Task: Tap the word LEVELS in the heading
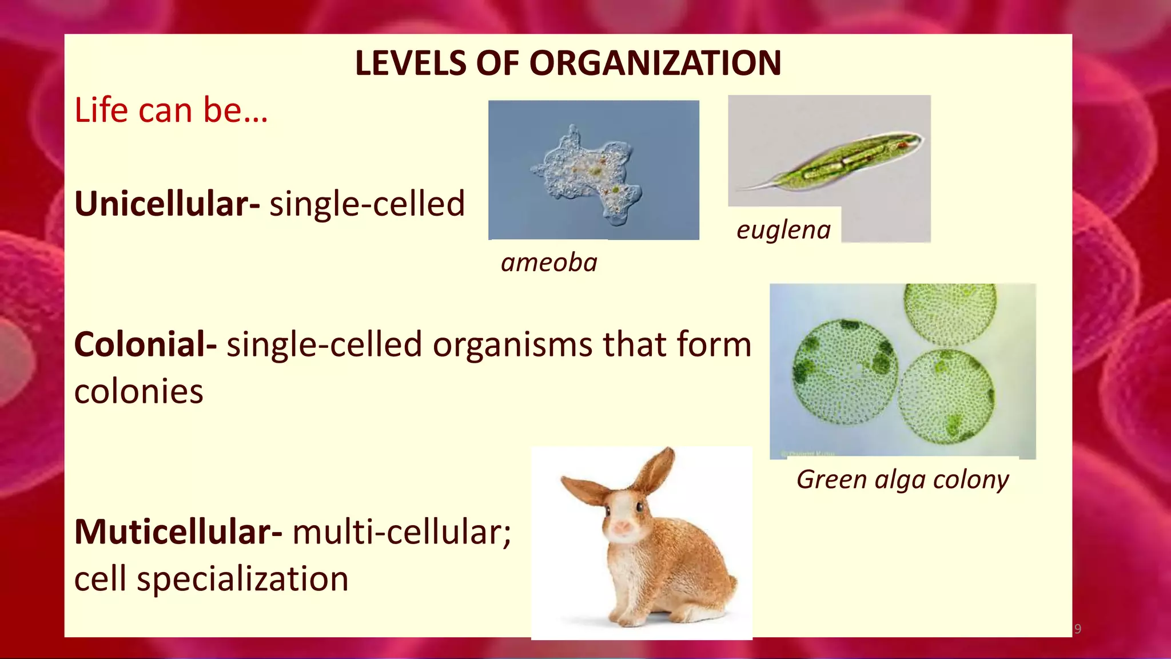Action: pos(411,63)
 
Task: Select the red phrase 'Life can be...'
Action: pos(171,110)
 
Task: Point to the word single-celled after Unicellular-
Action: pos(367,204)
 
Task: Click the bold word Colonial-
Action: pos(145,345)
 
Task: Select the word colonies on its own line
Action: pos(138,392)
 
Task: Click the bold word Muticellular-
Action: pos(178,532)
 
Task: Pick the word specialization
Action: pos(242,579)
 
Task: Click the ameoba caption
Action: pos(549,263)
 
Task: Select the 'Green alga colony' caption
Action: pos(902,479)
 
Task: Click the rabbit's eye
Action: pos(639,507)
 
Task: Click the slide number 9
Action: pos(1078,629)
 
